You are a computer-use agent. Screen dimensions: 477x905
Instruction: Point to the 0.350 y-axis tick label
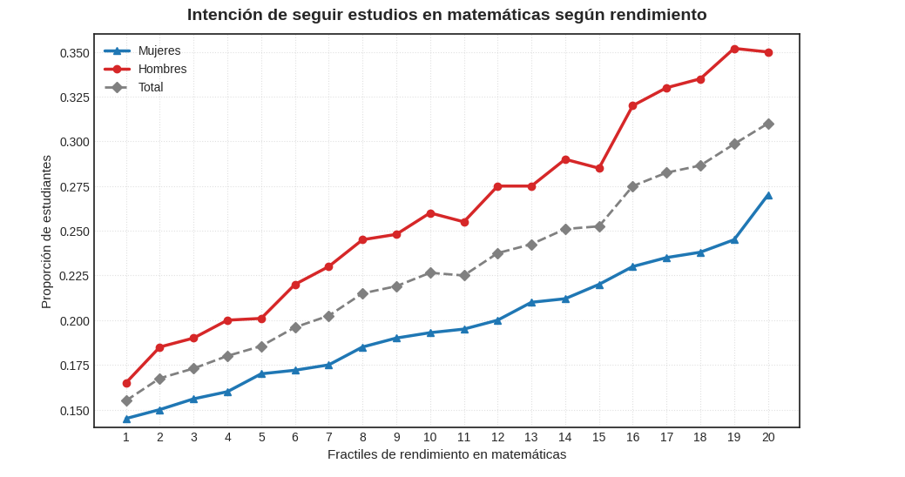pyautogui.click(x=74, y=53)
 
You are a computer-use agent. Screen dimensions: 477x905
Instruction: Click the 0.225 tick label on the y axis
pyautogui.click(x=74, y=276)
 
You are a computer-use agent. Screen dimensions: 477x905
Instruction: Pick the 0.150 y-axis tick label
pyautogui.click(x=74, y=411)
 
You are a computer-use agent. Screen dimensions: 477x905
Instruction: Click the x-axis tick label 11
pyautogui.click(x=463, y=437)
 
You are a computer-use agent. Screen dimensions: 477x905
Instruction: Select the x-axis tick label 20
pyautogui.click(x=768, y=437)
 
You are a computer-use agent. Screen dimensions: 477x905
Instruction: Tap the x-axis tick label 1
pyautogui.click(x=126, y=437)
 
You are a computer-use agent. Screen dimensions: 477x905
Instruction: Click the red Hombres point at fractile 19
pyautogui.click(x=734, y=49)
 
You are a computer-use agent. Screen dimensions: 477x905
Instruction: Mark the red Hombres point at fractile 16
pyautogui.click(x=633, y=106)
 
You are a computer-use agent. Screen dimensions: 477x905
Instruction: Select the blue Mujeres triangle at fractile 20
pyautogui.click(x=768, y=195)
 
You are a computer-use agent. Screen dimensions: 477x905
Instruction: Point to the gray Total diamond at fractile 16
pyautogui.click(x=633, y=186)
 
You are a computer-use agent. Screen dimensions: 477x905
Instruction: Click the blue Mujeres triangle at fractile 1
pyautogui.click(x=126, y=419)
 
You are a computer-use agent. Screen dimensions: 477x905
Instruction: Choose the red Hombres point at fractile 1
pyautogui.click(x=126, y=383)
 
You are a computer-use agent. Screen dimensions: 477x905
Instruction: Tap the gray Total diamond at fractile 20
pyautogui.click(x=768, y=124)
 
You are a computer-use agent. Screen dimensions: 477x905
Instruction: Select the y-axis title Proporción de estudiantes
pyautogui.click(x=46, y=232)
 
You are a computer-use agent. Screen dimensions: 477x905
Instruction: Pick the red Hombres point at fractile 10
pyautogui.click(x=430, y=213)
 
